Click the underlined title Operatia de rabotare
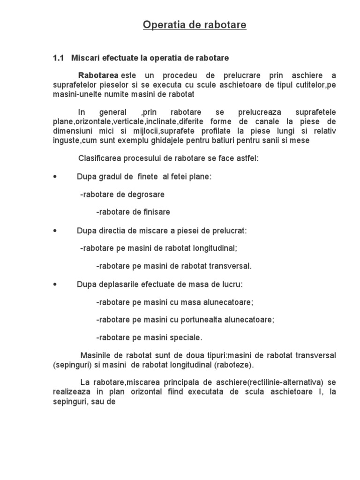tap(195, 25)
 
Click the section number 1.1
tap(58, 58)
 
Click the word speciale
tap(186, 337)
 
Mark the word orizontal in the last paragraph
tap(142, 391)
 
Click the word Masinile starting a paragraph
tap(95, 355)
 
